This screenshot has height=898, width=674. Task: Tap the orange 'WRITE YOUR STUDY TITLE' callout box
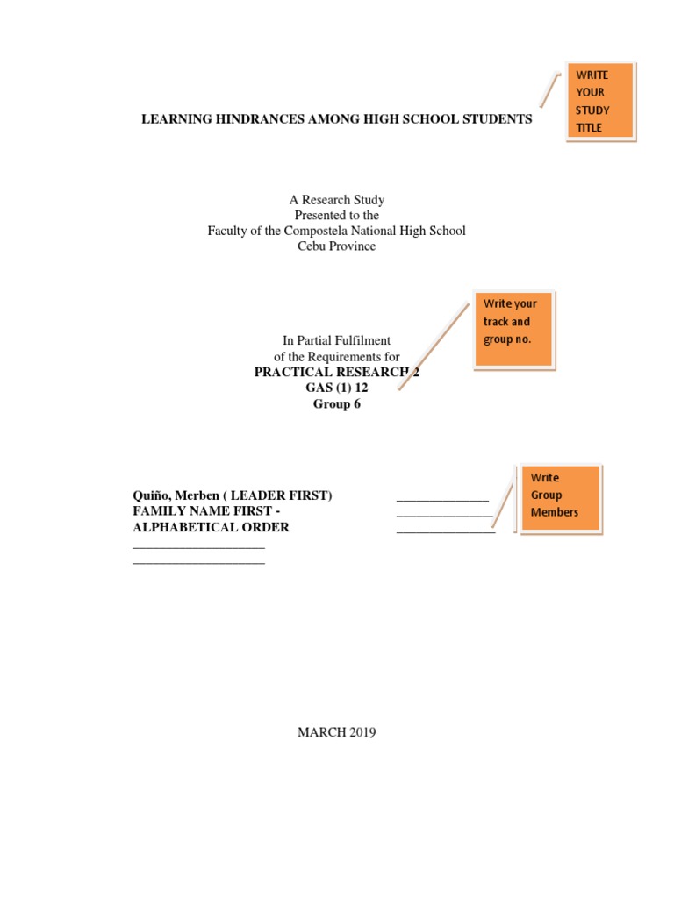[599, 101]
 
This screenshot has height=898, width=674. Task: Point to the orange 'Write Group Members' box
[559, 497]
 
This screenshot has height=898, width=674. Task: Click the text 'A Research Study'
[337, 200]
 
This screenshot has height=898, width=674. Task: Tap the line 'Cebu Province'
[337, 246]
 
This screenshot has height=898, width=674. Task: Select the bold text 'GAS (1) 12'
[337, 388]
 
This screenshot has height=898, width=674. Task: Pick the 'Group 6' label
[337, 403]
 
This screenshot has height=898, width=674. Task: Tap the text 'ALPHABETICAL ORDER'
[211, 527]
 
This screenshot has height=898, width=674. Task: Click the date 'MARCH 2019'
[337, 732]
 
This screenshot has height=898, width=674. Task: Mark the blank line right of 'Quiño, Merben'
[442, 499]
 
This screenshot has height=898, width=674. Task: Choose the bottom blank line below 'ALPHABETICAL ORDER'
[198, 562]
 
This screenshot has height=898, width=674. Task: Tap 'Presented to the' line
[337, 215]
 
